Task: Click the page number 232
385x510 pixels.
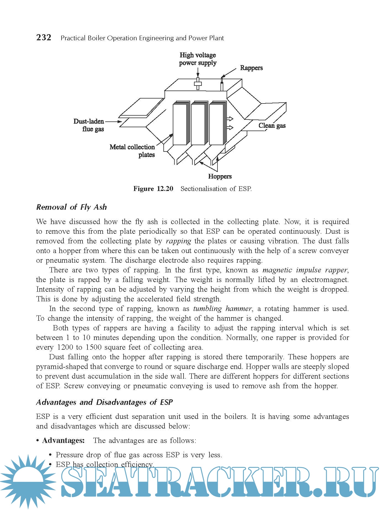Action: tap(44, 37)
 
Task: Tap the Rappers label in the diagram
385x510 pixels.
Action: tap(251, 68)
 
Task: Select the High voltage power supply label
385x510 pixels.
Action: tap(198, 59)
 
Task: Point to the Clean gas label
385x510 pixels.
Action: tap(272, 126)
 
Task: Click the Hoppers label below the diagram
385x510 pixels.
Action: tap(220, 176)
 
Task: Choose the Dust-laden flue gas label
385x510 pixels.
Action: tap(89, 125)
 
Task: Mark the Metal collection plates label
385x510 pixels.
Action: tap(132, 151)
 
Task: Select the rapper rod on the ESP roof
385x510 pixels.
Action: tap(222, 85)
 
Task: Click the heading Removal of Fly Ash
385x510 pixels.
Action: tap(71, 207)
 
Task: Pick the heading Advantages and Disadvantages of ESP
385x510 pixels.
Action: tap(104, 402)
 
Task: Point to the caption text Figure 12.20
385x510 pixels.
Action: tap(153, 189)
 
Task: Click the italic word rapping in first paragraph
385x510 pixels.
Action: tap(178, 241)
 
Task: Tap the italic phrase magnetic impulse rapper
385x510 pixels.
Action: tap(305, 270)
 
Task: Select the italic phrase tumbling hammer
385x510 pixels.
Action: tap(222, 309)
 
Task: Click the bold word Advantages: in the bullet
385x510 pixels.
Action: tap(63, 440)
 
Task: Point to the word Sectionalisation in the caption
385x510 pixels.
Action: tap(205, 189)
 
